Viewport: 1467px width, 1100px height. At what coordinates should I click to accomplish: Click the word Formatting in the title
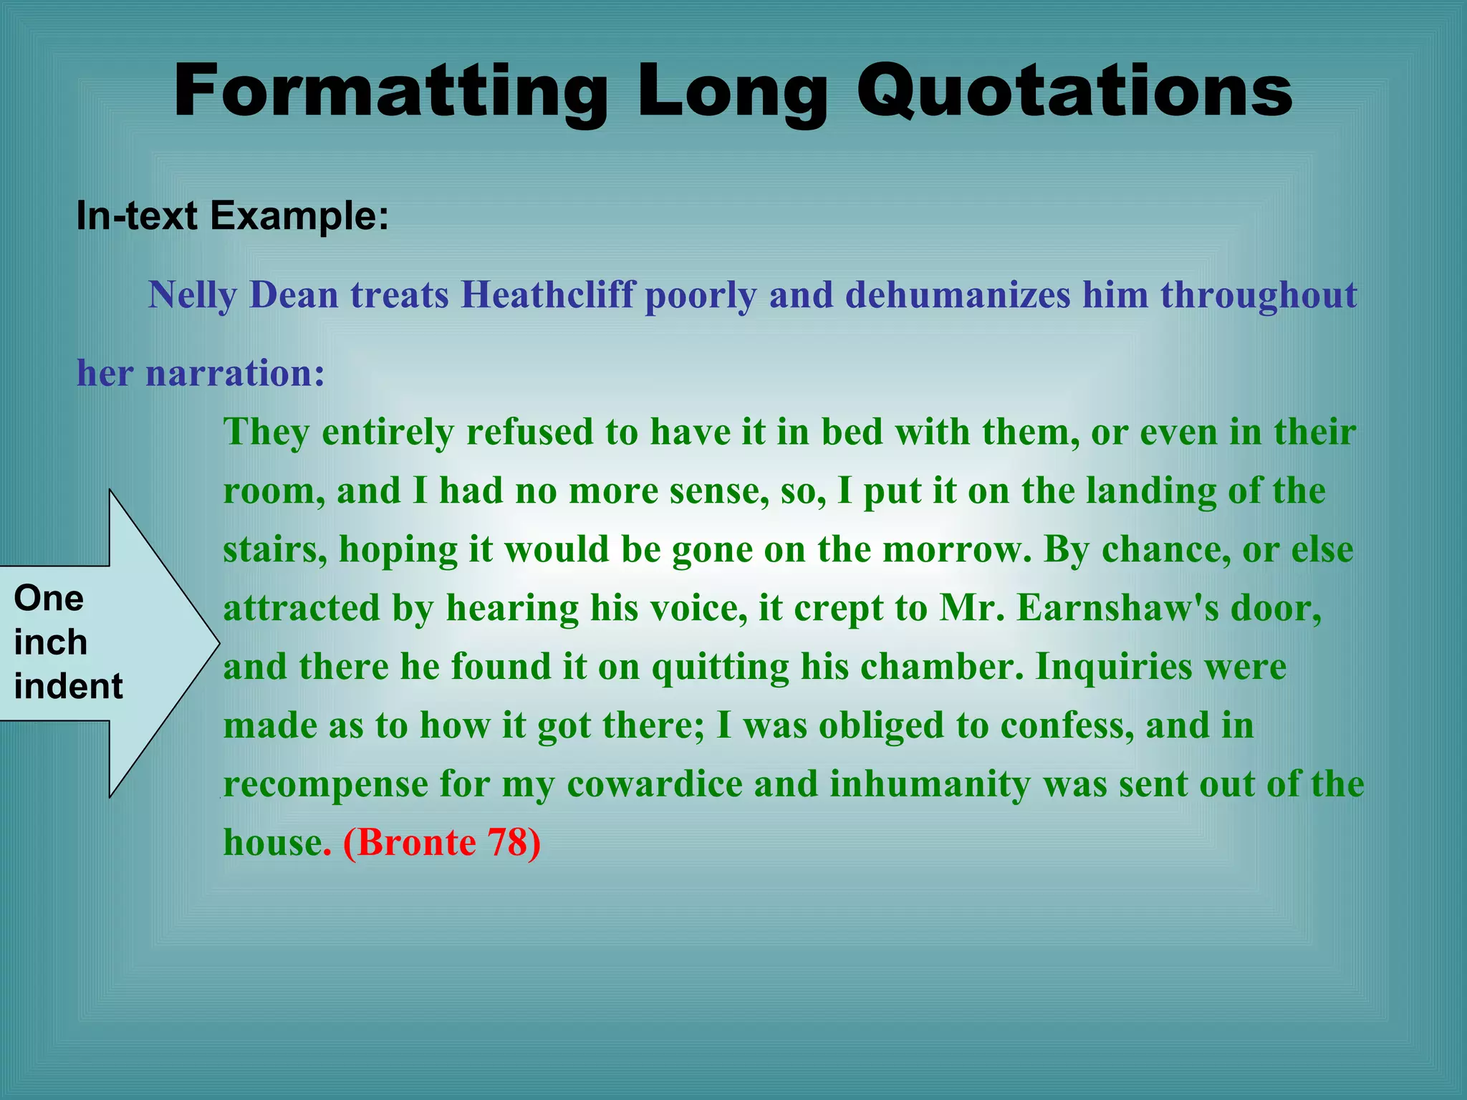390,92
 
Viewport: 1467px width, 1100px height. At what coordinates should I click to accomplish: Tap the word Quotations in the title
1074,92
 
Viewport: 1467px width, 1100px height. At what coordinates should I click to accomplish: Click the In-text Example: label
233,215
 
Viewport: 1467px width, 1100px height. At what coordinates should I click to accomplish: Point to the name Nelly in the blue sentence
193,295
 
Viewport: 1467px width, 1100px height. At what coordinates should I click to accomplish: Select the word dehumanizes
957,295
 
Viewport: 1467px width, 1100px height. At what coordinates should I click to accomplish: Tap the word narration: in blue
235,373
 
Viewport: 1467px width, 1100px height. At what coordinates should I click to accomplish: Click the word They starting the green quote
267,432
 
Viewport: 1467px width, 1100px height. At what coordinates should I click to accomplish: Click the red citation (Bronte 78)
442,842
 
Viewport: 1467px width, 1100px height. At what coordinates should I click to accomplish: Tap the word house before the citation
272,842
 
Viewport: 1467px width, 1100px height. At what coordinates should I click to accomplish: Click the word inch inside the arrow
50,642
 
